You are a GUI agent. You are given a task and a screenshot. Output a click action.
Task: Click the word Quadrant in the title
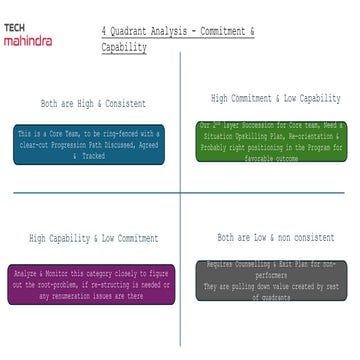pyautogui.click(x=129, y=33)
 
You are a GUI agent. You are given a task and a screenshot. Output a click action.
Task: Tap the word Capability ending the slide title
pyautogui.click(x=124, y=47)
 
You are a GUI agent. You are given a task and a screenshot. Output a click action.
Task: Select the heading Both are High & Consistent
pyautogui.click(x=93, y=103)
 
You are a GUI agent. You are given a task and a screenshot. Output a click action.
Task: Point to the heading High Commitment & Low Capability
pyautogui.click(x=275, y=99)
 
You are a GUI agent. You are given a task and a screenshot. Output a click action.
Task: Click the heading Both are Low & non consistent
pyautogui.click(x=274, y=237)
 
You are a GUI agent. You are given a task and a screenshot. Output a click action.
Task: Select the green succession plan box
pyautogui.click(x=270, y=141)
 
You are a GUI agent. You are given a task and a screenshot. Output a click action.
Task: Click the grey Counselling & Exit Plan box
pyautogui.click(x=270, y=279)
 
